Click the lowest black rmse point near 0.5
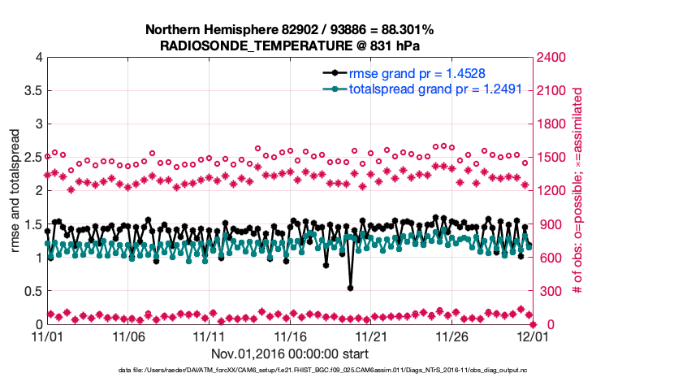point(350,287)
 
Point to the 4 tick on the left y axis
point(37,58)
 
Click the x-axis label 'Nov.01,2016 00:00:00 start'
point(289,354)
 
